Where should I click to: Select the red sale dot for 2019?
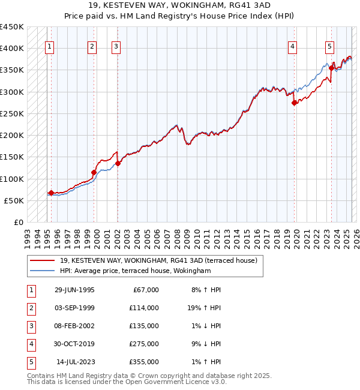click(x=295, y=103)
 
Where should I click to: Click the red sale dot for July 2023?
click(x=331, y=68)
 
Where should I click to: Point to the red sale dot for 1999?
click(x=94, y=173)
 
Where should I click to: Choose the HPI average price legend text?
click(x=135, y=271)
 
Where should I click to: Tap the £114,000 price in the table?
click(x=145, y=308)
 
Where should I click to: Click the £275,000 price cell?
click(x=145, y=344)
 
